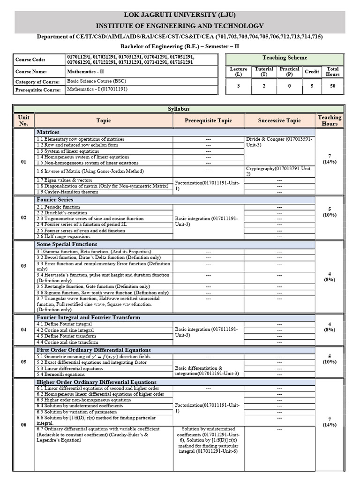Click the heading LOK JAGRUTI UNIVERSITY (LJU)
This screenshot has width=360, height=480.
coord(180,15)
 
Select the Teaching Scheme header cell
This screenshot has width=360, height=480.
coord(285,58)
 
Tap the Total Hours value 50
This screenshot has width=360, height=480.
coord(332,86)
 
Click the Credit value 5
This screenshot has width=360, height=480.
coord(312,86)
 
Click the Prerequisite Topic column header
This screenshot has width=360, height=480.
coord(208,120)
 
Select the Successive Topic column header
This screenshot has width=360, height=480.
coord(279,120)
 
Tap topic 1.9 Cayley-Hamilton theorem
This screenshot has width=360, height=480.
coord(67,192)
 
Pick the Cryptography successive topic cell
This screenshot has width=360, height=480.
coord(279,171)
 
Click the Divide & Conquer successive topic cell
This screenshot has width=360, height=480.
coord(279,142)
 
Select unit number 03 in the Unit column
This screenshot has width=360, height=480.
coord(23,266)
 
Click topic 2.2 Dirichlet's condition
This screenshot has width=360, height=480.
coord(62,213)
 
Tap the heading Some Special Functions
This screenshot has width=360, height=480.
coord(67,244)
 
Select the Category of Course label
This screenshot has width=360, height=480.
coord(37,82)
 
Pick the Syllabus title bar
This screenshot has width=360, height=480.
coord(179,109)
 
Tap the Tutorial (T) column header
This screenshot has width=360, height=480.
coord(264,71)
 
